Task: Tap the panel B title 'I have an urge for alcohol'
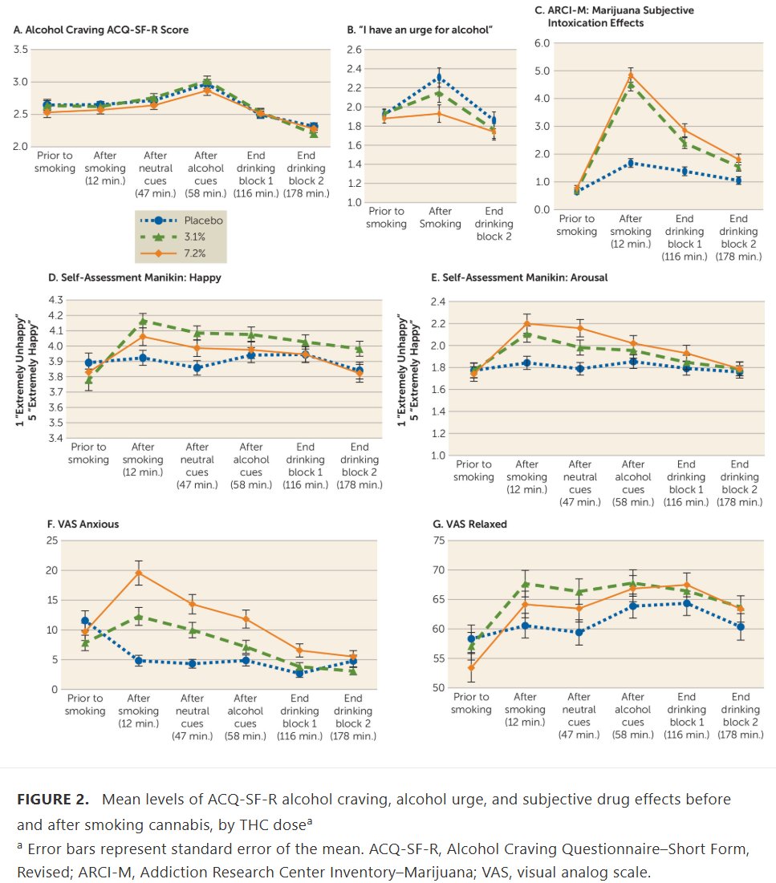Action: point(420,30)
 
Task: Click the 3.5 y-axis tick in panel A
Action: point(22,50)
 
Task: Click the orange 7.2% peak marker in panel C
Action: point(631,75)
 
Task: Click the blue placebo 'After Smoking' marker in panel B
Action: point(438,78)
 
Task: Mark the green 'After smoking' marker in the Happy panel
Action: point(143,322)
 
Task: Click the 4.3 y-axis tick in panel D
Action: point(55,299)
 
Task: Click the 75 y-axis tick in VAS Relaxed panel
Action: point(439,541)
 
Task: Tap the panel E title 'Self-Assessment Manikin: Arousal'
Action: point(519,277)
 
